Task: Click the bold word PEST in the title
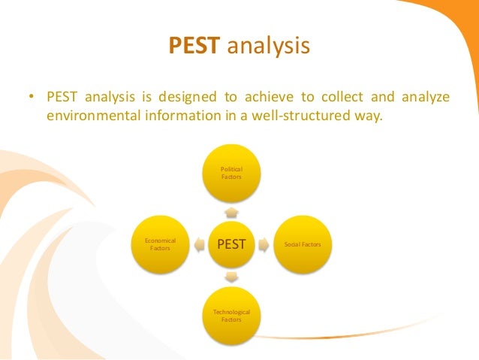194,47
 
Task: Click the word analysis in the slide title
268,47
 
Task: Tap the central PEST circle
231,244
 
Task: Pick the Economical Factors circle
159,244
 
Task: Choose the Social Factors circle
303,244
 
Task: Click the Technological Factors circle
231,315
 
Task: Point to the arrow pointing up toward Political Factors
231,213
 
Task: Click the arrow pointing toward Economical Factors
197,244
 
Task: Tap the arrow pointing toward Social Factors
265,244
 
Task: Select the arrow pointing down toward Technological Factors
231,277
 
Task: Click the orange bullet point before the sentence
32,98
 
